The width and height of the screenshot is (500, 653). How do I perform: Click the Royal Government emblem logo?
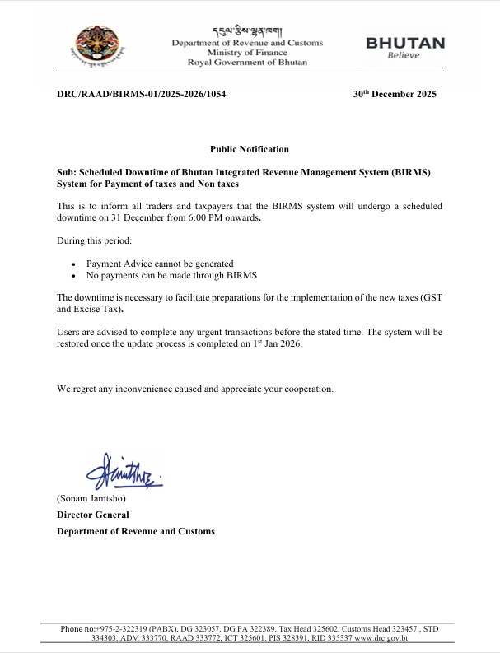click(x=101, y=46)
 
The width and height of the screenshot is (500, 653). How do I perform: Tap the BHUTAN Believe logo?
click(x=404, y=48)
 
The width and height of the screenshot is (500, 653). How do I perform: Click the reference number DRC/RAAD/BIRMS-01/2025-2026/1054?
click(x=141, y=95)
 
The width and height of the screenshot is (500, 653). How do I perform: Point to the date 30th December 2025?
click(x=395, y=94)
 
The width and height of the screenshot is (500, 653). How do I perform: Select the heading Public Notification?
click(x=250, y=149)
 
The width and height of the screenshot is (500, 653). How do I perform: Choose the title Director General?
click(x=92, y=515)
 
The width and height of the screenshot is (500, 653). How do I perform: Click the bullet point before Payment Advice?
click(x=75, y=264)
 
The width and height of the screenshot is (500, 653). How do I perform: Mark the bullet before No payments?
click(x=75, y=276)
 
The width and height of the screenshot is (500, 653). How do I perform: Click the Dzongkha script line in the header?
click(x=247, y=31)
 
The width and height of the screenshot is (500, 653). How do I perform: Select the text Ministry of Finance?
click(x=247, y=53)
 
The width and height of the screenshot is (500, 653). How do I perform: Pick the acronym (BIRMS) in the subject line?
click(x=413, y=172)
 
